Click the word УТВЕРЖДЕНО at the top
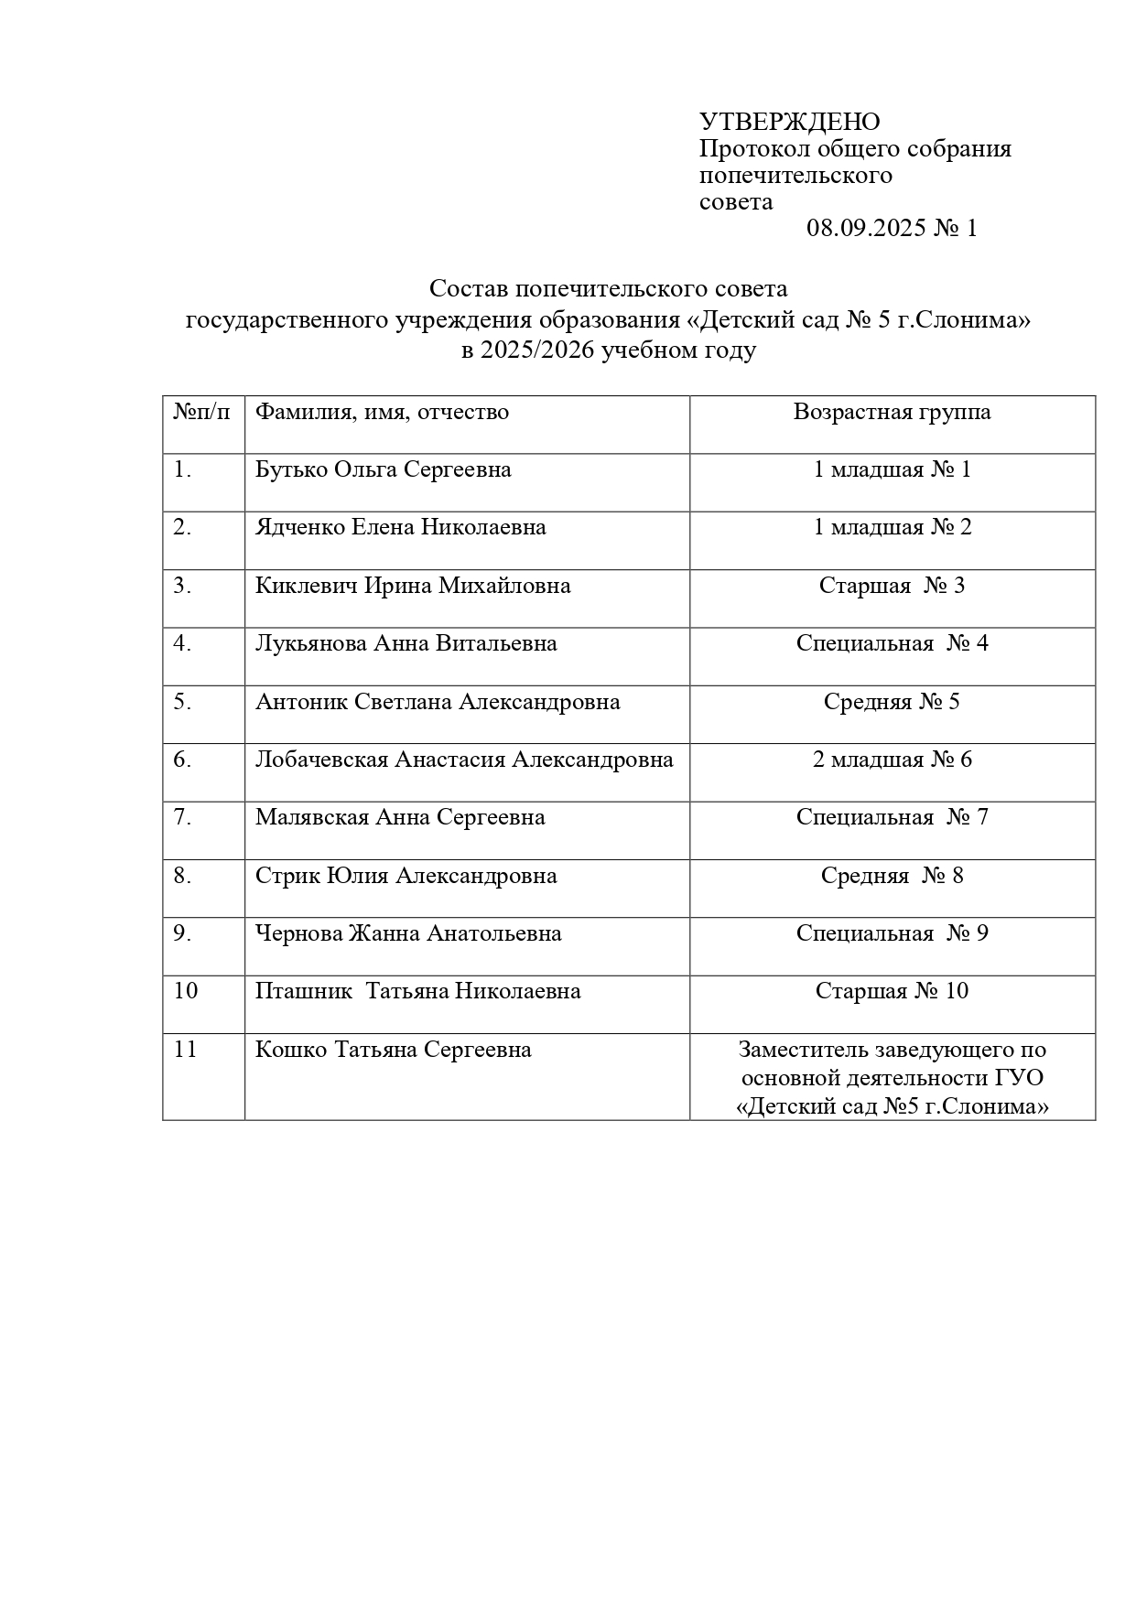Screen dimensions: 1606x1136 [789, 122]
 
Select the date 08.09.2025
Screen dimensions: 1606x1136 [865, 228]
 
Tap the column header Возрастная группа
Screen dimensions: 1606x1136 [892, 412]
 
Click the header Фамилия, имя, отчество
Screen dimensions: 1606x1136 [382, 412]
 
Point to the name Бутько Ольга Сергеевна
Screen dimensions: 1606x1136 [383, 469]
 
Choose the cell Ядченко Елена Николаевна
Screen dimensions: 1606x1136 [400, 527]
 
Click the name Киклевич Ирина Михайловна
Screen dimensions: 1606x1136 [413, 586]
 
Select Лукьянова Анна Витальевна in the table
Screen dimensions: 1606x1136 [406, 643]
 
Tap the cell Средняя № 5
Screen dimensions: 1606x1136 [892, 702]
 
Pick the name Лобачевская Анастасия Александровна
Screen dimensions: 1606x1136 [464, 760]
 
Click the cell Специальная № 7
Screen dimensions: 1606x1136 [892, 817]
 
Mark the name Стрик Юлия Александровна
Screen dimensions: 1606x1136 [406, 876]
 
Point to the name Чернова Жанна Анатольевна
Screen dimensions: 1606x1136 [408, 933]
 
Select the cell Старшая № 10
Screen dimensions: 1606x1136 [892, 991]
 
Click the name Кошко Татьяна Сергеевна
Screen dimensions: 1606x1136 [393, 1050]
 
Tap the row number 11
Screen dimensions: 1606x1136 [186, 1050]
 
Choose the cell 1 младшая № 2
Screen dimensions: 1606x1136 [892, 527]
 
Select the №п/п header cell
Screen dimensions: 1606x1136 [201, 412]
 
